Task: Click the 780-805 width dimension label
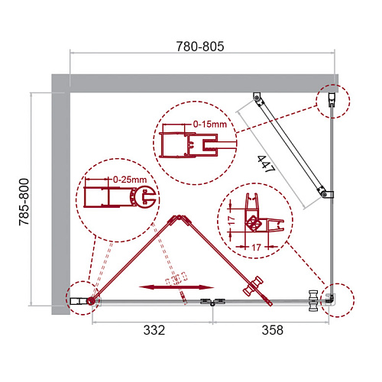(x=200, y=47)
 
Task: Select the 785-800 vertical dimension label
(x=24, y=202)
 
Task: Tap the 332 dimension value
(x=154, y=330)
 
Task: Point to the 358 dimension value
(x=273, y=330)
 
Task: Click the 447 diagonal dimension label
(x=266, y=164)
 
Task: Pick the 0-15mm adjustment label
(x=210, y=125)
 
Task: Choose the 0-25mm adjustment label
(x=130, y=180)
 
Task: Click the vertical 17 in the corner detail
(x=231, y=221)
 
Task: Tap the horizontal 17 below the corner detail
(x=256, y=247)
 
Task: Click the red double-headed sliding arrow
(x=176, y=287)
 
